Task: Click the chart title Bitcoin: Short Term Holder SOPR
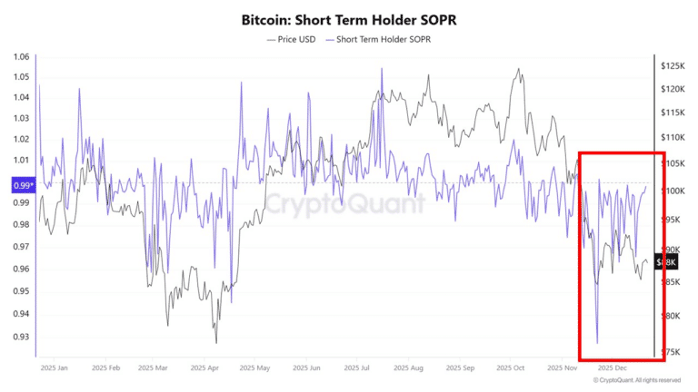(x=348, y=18)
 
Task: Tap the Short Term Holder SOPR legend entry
(x=379, y=40)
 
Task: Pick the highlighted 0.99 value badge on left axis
(x=22, y=185)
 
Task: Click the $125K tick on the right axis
(x=673, y=66)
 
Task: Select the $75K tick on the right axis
(x=671, y=351)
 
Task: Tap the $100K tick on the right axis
(x=673, y=191)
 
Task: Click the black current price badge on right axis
(x=666, y=261)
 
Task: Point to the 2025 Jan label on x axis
(x=55, y=369)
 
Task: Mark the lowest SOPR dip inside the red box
(x=597, y=342)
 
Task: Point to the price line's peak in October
(x=519, y=69)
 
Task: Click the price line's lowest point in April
(x=215, y=342)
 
